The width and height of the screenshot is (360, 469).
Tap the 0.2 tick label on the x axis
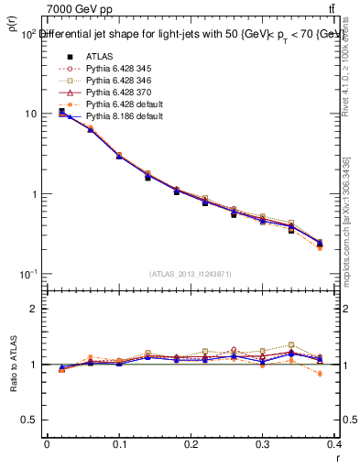tap(191, 445)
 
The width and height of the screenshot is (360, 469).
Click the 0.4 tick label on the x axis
tap(335, 445)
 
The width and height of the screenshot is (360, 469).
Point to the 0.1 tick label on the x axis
tap(119, 445)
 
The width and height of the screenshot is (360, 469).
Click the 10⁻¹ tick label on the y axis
tap(27, 274)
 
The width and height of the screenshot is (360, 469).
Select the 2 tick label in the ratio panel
tap(35, 310)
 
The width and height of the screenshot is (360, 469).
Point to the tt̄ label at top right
tap(344, 9)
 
